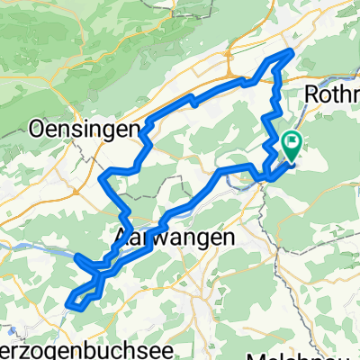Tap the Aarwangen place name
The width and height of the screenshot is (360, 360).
(x=175, y=237)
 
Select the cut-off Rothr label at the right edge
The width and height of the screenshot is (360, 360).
(x=332, y=94)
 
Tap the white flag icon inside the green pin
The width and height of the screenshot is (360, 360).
(x=292, y=141)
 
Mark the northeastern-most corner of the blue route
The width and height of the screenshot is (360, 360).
(x=291, y=52)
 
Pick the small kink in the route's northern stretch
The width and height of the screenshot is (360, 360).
(x=193, y=101)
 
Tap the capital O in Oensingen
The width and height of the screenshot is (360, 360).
(x=38, y=129)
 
